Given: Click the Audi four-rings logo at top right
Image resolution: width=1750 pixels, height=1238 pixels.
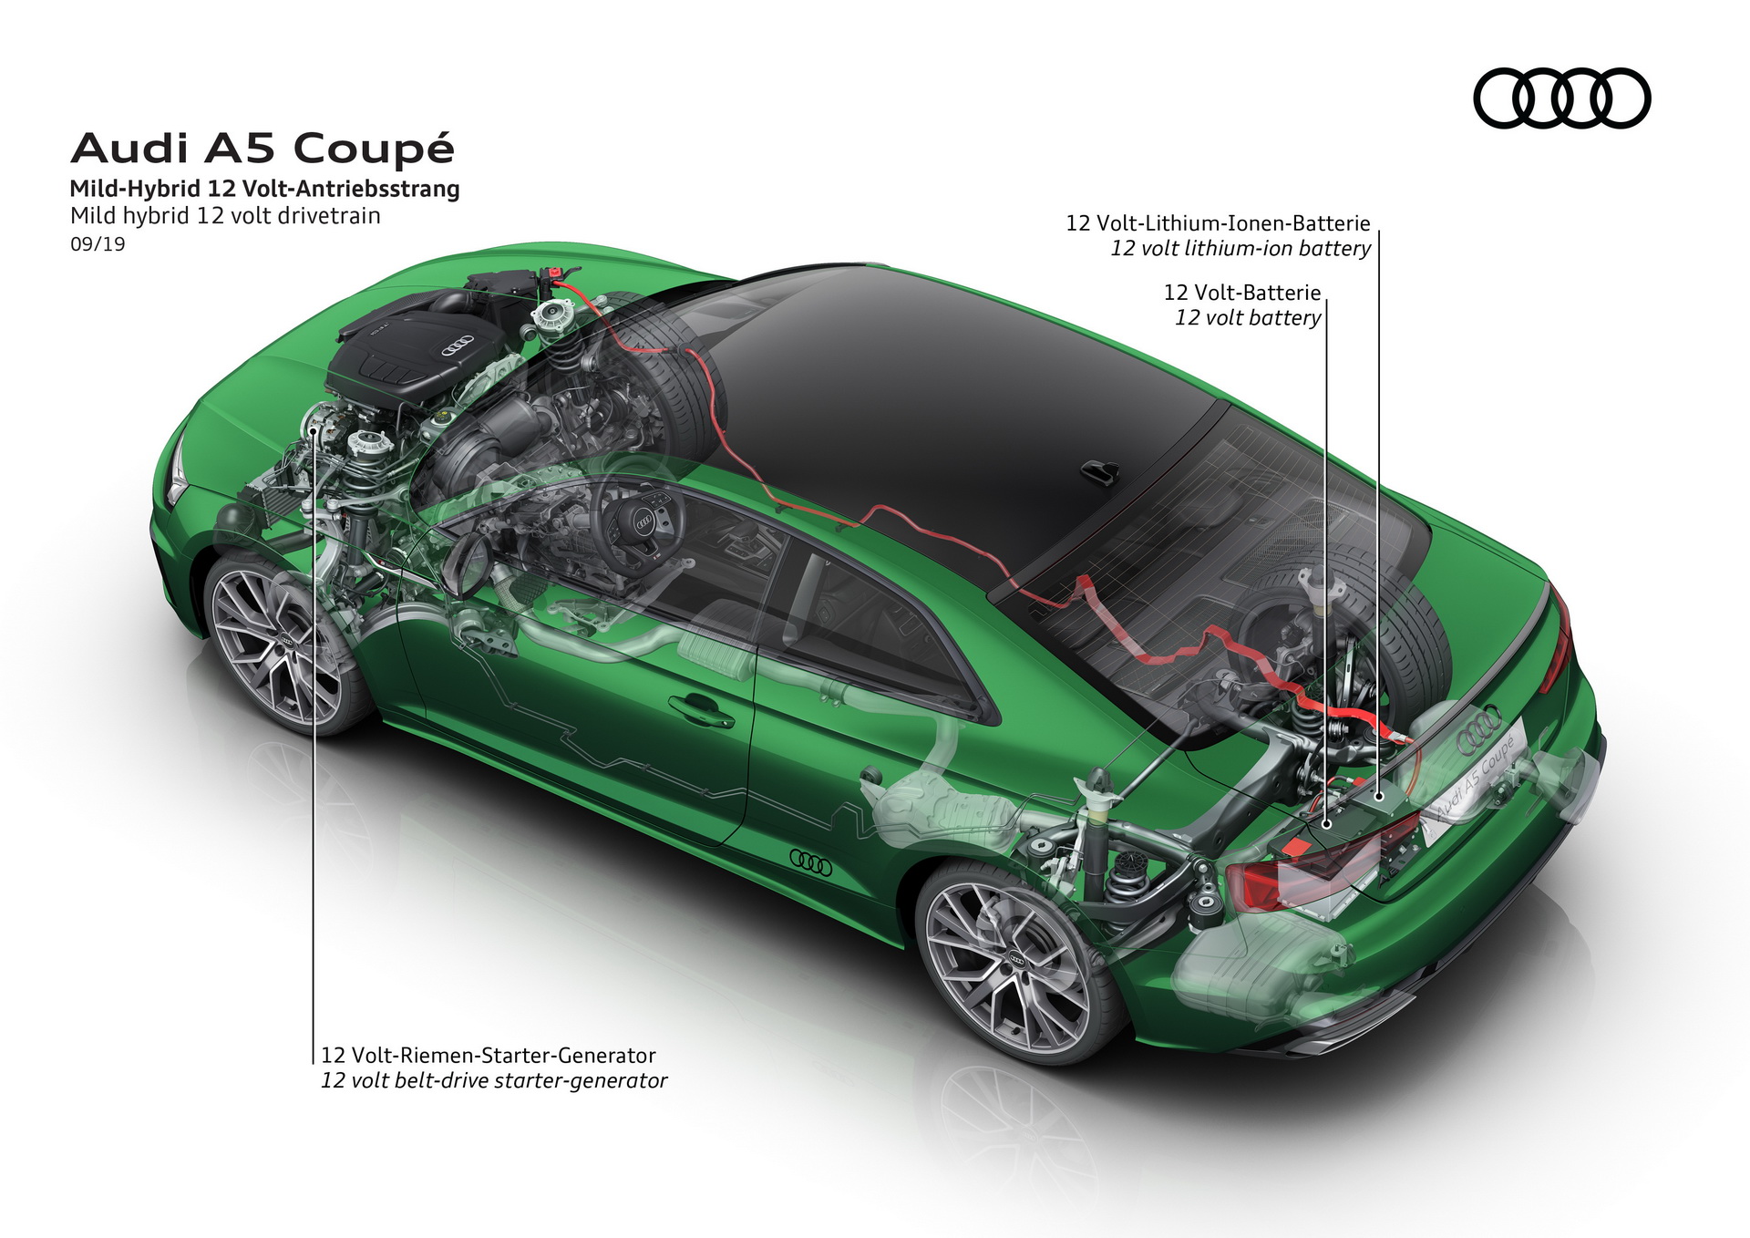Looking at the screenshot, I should (1561, 98).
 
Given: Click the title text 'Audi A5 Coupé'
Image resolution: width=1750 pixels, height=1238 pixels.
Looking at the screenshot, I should (262, 149).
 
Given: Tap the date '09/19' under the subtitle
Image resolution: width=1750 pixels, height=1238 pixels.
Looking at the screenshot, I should (98, 244).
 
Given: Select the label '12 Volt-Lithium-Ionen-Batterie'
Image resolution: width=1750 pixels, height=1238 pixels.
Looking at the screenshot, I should (1218, 223).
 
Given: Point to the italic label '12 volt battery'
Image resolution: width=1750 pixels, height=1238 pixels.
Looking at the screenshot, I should (1247, 318).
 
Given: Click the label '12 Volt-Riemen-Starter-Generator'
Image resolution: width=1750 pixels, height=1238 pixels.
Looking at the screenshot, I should (488, 1056).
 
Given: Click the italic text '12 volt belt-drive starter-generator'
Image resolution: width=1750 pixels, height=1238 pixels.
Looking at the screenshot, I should (493, 1081).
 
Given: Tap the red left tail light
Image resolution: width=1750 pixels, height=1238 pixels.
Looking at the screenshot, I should (1312, 871).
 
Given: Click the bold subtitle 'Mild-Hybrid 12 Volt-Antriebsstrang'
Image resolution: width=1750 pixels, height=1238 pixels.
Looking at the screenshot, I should (264, 189).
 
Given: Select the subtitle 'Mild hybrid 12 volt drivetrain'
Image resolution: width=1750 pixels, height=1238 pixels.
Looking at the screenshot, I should (225, 216).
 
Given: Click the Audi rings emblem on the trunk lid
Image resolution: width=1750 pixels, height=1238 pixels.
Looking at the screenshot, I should (1478, 728).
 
